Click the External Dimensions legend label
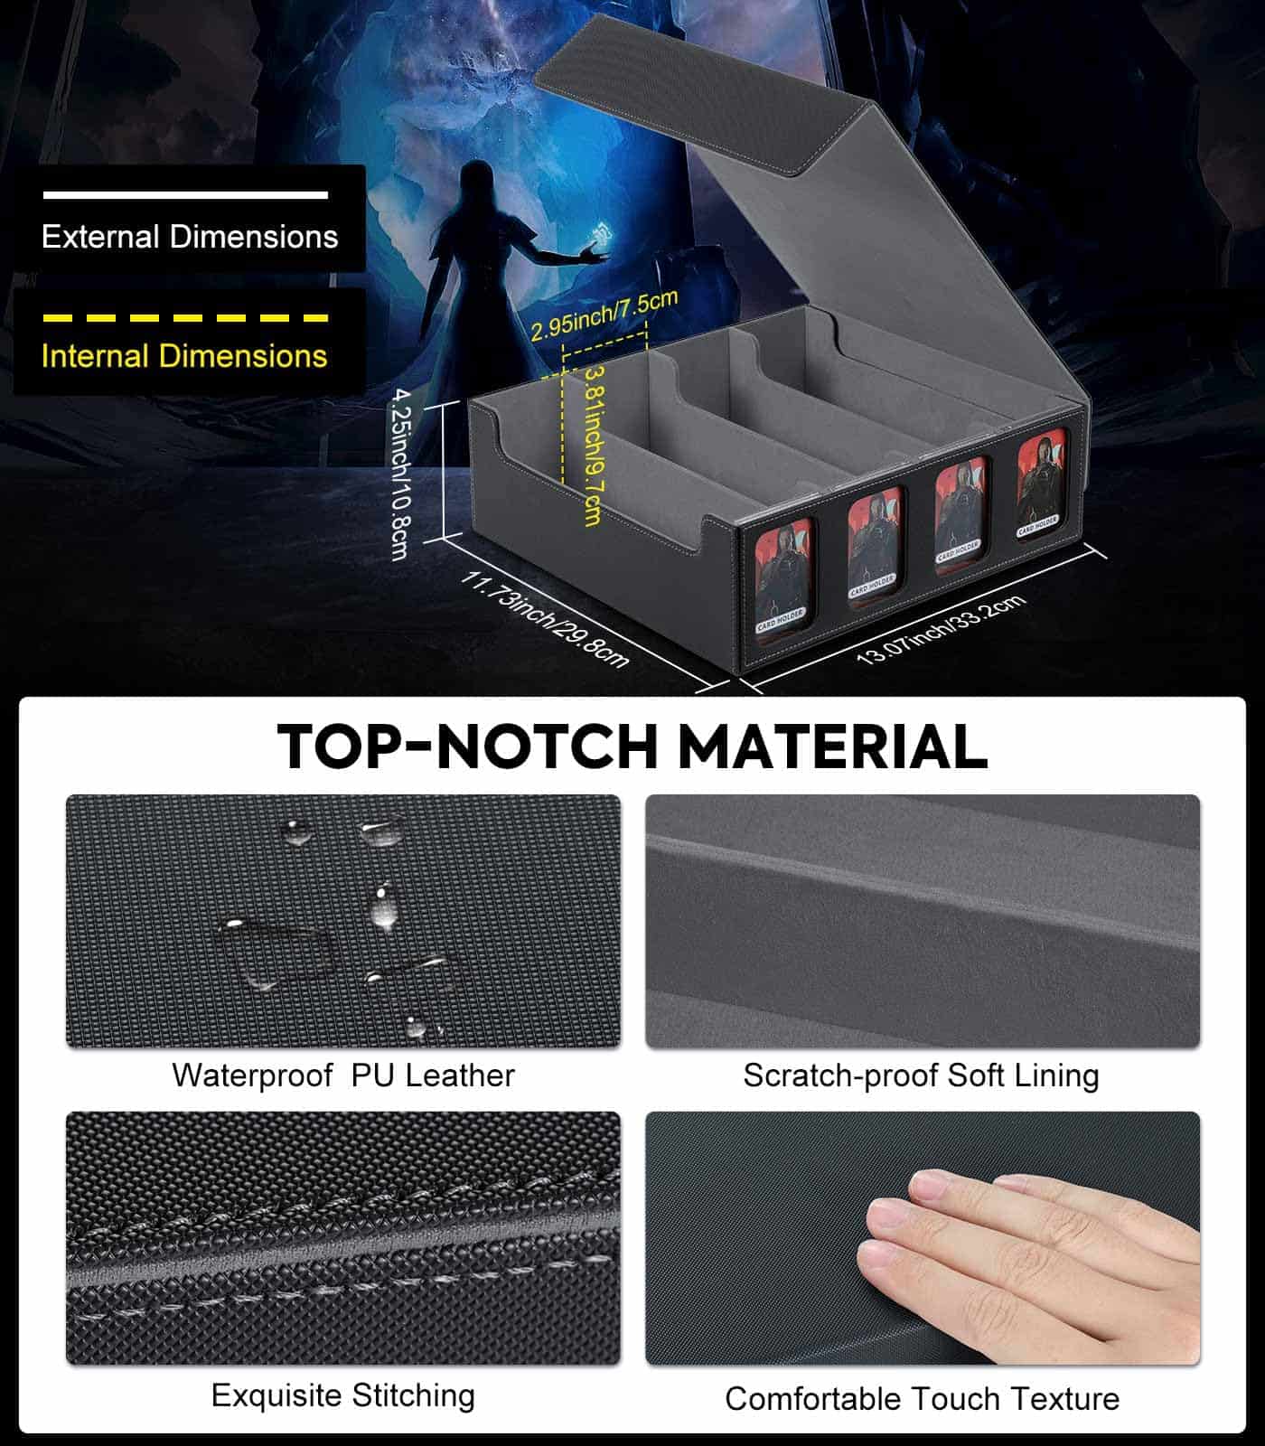pos(190,237)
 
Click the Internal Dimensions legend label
pos(184,356)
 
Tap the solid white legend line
pos(185,194)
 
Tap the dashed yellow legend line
pos(185,318)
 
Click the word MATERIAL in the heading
pos(831,746)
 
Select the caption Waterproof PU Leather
pos(343,1075)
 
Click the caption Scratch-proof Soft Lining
pos(921,1075)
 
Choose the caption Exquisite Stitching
pos(343,1395)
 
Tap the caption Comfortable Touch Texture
pos(922,1399)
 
